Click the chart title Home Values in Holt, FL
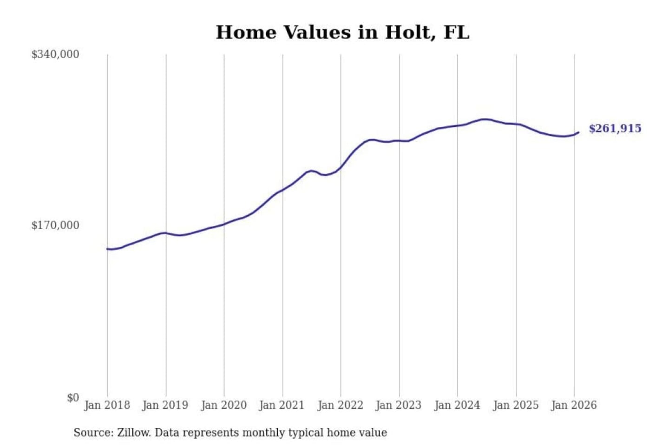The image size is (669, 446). [x=342, y=33]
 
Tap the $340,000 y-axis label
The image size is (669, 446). [x=55, y=54]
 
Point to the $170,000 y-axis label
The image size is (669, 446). [x=55, y=225]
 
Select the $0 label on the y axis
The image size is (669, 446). [x=73, y=398]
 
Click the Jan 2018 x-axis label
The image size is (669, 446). [x=107, y=405]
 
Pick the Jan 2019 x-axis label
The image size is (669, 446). [x=165, y=405]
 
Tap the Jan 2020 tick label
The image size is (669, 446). [x=223, y=405]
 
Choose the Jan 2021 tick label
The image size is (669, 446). [x=282, y=405]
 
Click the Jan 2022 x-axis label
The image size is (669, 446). [x=340, y=405]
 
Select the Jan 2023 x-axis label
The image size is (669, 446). [x=399, y=405]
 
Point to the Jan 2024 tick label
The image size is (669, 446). [x=457, y=405]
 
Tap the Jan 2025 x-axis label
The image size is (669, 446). [x=516, y=405]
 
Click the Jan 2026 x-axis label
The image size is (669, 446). [x=574, y=405]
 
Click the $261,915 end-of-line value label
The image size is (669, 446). [x=615, y=129]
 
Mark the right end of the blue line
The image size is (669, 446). [x=578, y=132]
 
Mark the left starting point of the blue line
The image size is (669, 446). [x=107, y=249]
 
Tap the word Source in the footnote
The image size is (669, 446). [x=92, y=433]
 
